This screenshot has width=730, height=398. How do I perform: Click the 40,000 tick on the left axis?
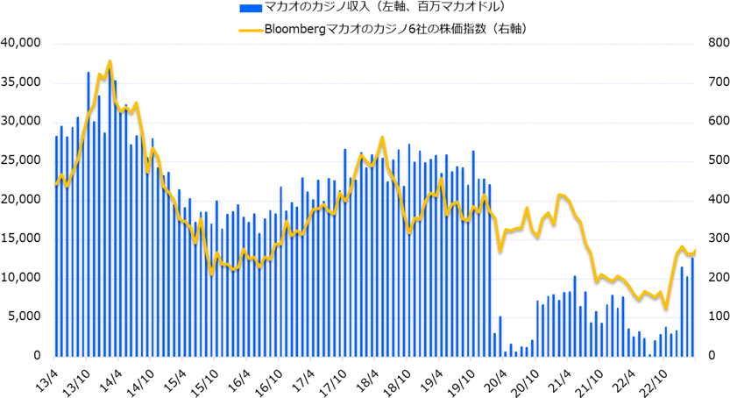(x=22, y=43)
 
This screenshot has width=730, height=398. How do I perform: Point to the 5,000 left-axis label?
(x=25, y=316)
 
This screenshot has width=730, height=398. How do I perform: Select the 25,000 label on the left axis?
(x=22, y=160)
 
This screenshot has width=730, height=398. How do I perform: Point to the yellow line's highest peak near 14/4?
(x=110, y=61)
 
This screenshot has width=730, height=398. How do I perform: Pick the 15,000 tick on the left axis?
(x=22, y=238)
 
